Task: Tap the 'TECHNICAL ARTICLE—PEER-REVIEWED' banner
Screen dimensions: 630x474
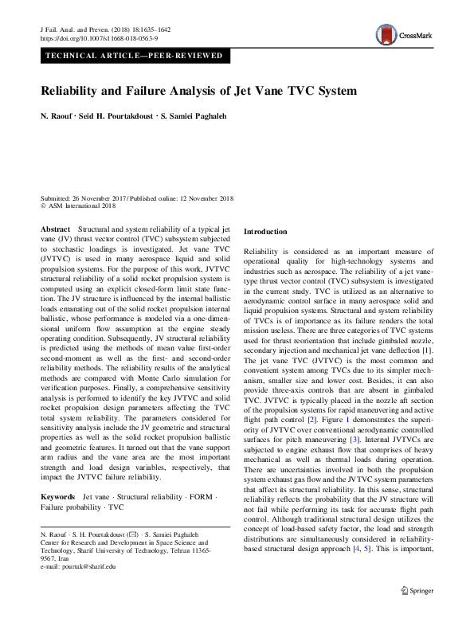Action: (136, 57)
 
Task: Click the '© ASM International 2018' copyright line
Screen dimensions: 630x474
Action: (77, 205)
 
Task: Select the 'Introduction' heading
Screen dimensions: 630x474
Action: (265, 232)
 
